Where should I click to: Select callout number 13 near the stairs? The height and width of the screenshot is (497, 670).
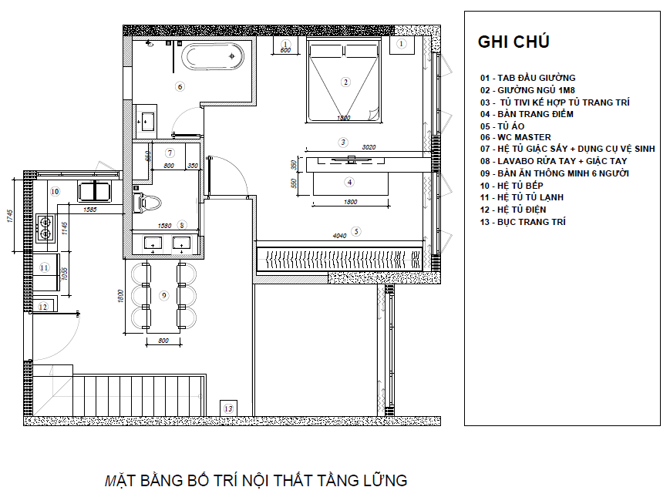[x=228, y=408]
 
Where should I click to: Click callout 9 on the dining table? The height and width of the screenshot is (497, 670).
[x=163, y=295]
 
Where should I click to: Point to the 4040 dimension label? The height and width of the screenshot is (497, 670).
[x=341, y=235]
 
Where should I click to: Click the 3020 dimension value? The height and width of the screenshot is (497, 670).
[x=369, y=146]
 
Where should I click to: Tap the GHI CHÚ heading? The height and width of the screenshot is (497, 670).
[x=513, y=42]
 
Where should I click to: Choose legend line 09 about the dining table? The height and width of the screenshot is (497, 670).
[x=554, y=173]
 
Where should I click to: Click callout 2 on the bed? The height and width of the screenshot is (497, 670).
[x=345, y=82]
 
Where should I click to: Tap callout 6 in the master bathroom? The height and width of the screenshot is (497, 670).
[x=180, y=86]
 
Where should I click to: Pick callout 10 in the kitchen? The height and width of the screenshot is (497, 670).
[x=54, y=190]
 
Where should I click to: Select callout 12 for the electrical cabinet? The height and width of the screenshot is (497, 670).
[x=43, y=307]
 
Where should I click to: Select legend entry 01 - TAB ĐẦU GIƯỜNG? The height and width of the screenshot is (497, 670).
[x=527, y=77]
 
